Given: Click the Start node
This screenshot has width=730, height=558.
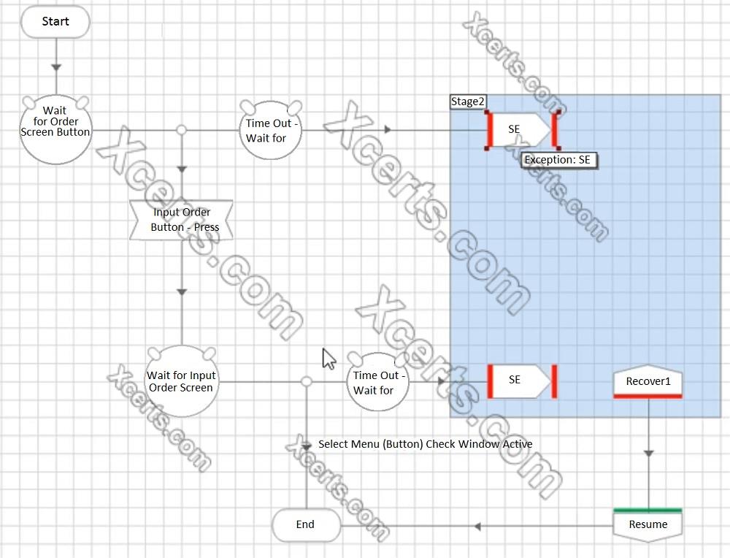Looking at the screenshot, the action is pyautogui.click(x=55, y=21).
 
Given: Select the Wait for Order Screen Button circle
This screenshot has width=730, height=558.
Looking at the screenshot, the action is pyautogui.click(x=56, y=129).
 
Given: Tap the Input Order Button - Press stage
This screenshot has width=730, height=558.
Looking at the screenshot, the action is pyautogui.click(x=182, y=220).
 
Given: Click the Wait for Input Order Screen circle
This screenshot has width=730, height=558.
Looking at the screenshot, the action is pyautogui.click(x=182, y=381).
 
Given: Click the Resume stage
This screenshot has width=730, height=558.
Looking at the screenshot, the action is pyautogui.click(x=648, y=525).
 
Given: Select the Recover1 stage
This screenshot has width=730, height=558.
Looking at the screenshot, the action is pyautogui.click(x=648, y=381).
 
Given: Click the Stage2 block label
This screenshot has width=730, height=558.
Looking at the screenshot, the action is pyautogui.click(x=468, y=102).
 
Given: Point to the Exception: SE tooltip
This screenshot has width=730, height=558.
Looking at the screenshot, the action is pyautogui.click(x=558, y=160).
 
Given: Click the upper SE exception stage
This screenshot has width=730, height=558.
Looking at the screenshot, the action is pyautogui.click(x=520, y=129).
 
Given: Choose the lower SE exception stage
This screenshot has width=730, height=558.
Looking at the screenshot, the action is pyautogui.click(x=521, y=381).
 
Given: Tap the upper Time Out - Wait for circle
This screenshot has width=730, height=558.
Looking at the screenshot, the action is pyautogui.click(x=271, y=131).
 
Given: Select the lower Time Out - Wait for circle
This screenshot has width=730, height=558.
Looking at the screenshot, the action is pyautogui.click(x=377, y=382).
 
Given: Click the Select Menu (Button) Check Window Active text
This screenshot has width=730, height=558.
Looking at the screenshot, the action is pyautogui.click(x=426, y=444).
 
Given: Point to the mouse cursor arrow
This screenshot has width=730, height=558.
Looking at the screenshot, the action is pyautogui.click(x=329, y=359).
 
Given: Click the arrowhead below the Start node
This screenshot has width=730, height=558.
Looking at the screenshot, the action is pyautogui.click(x=56, y=67).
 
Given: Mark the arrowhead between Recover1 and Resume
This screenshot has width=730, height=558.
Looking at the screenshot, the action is pyautogui.click(x=648, y=454).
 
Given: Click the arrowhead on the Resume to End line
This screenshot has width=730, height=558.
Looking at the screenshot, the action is pyautogui.click(x=477, y=527).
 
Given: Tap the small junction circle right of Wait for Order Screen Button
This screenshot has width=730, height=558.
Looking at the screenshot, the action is pyautogui.click(x=182, y=130).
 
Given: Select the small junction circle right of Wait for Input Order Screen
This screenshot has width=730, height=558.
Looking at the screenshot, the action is pyautogui.click(x=306, y=382).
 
